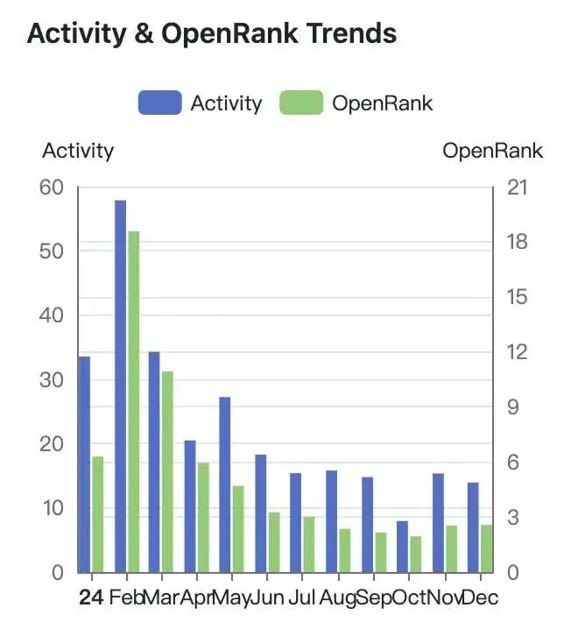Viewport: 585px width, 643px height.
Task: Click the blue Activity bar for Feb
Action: (120, 385)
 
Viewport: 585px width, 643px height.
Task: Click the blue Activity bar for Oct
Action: (403, 547)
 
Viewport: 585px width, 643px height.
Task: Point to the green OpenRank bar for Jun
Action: (274, 542)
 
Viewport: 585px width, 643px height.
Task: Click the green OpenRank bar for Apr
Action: (204, 517)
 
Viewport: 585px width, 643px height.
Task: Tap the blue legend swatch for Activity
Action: (159, 103)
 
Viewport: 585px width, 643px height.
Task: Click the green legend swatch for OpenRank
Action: (301, 103)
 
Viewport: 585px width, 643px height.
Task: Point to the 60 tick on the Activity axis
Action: (52, 187)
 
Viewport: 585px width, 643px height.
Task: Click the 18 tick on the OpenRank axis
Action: (519, 243)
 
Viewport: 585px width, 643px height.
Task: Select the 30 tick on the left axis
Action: (52, 380)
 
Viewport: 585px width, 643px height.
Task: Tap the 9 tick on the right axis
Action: (514, 407)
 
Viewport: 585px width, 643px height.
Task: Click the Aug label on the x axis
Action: (337, 598)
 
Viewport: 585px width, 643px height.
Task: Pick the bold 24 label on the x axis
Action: (90, 598)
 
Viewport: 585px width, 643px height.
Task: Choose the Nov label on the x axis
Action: (446, 598)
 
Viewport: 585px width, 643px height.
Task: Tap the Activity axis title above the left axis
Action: (78, 151)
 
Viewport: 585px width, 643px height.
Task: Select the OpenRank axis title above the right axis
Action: (492, 151)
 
